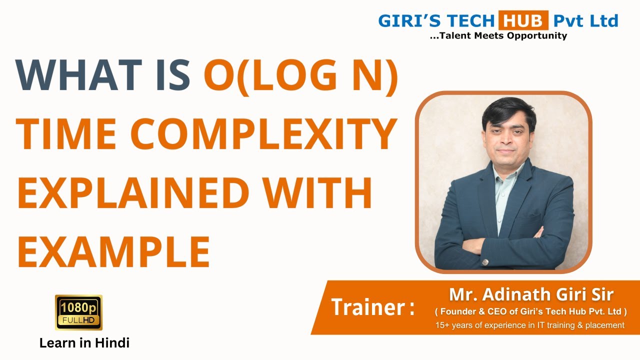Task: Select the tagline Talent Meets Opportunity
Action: (498, 35)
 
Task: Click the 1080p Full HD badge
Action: (78, 312)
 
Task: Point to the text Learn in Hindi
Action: (84, 343)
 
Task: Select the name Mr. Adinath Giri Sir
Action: (531, 294)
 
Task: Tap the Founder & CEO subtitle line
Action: (530, 311)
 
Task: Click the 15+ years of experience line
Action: (530, 325)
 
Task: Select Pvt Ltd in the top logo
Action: (585, 21)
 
